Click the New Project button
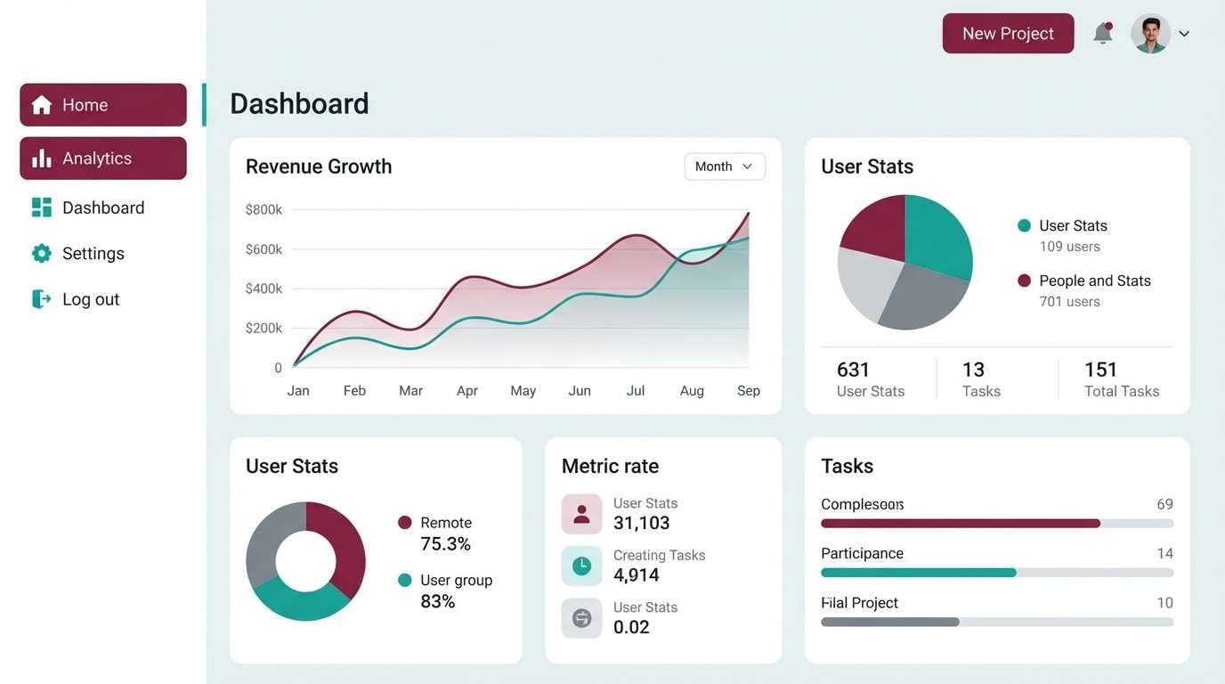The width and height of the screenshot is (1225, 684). (1008, 34)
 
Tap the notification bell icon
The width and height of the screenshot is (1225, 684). (1103, 34)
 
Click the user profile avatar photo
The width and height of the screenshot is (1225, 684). (1150, 34)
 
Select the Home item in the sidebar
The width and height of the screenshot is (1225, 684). (103, 105)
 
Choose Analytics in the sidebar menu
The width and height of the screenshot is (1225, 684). (103, 159)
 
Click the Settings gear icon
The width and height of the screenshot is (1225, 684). (41, 254)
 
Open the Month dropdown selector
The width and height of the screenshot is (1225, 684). (724, 167)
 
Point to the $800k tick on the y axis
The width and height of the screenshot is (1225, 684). (264, 210)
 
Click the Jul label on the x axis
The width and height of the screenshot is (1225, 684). (636, 391)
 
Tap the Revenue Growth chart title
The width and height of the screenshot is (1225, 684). (319, 167)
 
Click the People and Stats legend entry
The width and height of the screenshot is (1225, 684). (1094, 281)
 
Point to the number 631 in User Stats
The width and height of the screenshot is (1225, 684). (853, 370)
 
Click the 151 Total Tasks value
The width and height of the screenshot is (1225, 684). (1100, 370)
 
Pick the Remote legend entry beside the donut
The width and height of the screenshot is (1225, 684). (445, 523)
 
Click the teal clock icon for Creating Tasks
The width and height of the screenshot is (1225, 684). (581, 566)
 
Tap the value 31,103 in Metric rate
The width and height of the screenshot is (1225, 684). (641, 524)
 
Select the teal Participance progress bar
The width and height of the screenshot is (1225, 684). (918, 573)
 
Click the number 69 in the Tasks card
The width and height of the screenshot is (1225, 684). (1164, 504)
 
